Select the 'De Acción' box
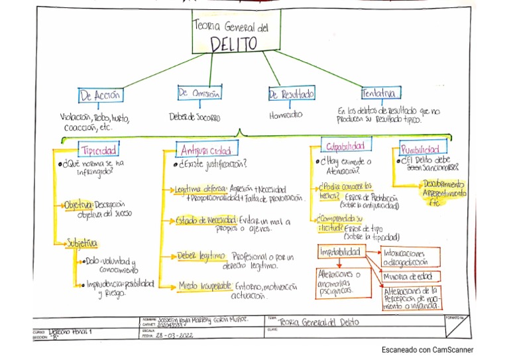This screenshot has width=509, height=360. pos(101,95)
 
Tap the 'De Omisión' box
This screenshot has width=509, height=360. pos(199,93)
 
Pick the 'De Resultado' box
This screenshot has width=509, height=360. pos(292,95)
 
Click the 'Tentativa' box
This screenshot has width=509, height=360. pos(380,93)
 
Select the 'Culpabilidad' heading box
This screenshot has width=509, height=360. pos(345,145)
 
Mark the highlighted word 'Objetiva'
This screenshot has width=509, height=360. pos(78,205)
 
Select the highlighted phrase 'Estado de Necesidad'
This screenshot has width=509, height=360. pos(205,220)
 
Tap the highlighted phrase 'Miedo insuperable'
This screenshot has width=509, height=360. pos(203,286)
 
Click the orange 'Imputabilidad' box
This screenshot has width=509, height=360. pos(340,252)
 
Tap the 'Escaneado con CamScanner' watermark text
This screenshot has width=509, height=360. pos(427,350)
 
